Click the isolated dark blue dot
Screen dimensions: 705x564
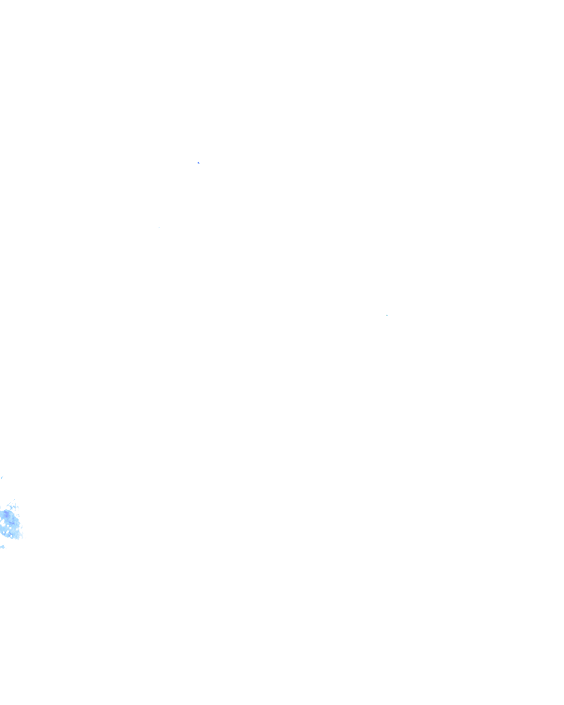click(x=198, y=162)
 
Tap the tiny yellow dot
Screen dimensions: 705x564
click(x=387, y=315)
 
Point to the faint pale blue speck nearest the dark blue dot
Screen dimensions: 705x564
click(x=159, y=227)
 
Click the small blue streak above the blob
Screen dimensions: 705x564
click(x=2, y=478)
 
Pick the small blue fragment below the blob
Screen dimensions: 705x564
click(x=2, y=547)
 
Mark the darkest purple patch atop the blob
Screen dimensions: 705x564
click(x=7, y=514)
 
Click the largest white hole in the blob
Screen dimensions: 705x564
click(x=3, y=523)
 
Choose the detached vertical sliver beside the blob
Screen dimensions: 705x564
click(x=18, y=516)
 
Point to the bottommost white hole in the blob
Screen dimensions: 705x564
click(x=11, y=536)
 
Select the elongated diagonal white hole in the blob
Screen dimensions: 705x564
click(x=7, y=532)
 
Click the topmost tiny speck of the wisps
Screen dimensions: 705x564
click(x=14, y=500)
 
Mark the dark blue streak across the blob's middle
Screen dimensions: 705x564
click(x=12, y=523)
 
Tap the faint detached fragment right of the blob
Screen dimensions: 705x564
click(x=22, y=527)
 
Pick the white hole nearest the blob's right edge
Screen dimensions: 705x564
click(x=17, y=529)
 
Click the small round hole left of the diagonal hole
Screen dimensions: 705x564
click(x=3, y=533)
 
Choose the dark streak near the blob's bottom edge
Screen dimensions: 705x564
click(x=10, y=534)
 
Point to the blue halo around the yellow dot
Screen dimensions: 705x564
click(x=388, y=315)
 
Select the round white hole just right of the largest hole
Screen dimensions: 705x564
click(x=8, y=525)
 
